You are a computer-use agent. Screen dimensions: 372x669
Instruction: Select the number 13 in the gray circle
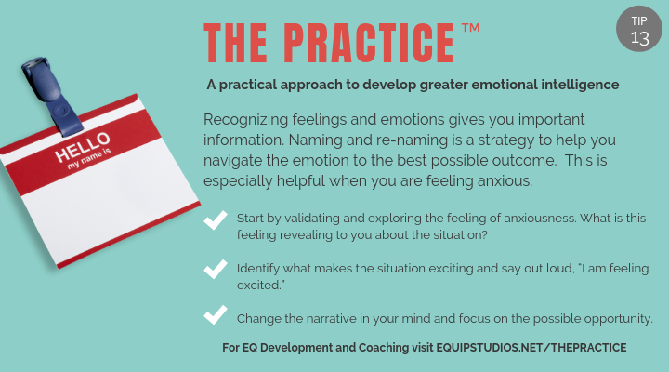tap(640, 38)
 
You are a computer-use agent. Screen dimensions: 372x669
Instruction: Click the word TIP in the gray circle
tap(640, 20)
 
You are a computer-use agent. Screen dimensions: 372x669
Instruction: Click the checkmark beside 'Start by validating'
tap(216, 220)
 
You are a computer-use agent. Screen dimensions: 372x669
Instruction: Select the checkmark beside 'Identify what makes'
tap(216, 270)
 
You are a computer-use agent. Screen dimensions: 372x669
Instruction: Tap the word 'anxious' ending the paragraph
tap(502, 180)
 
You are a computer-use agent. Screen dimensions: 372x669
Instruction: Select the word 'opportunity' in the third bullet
tap(618, 318)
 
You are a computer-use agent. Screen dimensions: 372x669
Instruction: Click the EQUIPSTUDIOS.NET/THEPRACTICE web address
tap(531, 348)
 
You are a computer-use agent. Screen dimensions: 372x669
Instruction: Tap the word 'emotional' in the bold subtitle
tap(490, 85)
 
